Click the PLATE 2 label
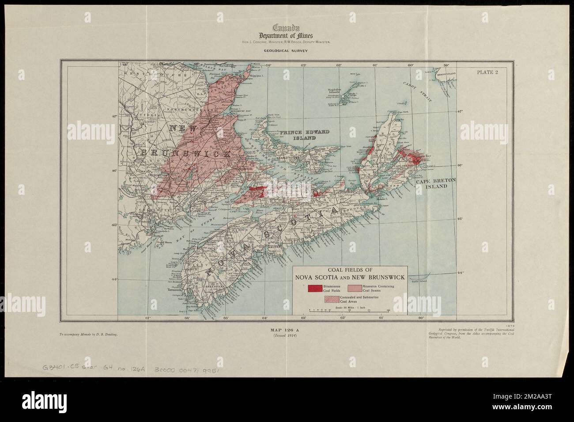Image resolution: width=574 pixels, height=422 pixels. [x=487, y=73]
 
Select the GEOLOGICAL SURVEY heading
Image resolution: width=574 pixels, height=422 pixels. [x=287, y=51]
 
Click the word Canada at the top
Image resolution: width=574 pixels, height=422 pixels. [x=287, y=28]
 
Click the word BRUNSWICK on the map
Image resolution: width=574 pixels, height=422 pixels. [x=185, y=154]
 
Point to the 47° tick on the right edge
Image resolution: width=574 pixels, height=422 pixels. [x=461, y=111]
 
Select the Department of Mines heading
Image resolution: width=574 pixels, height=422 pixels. [x=287, y=35]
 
